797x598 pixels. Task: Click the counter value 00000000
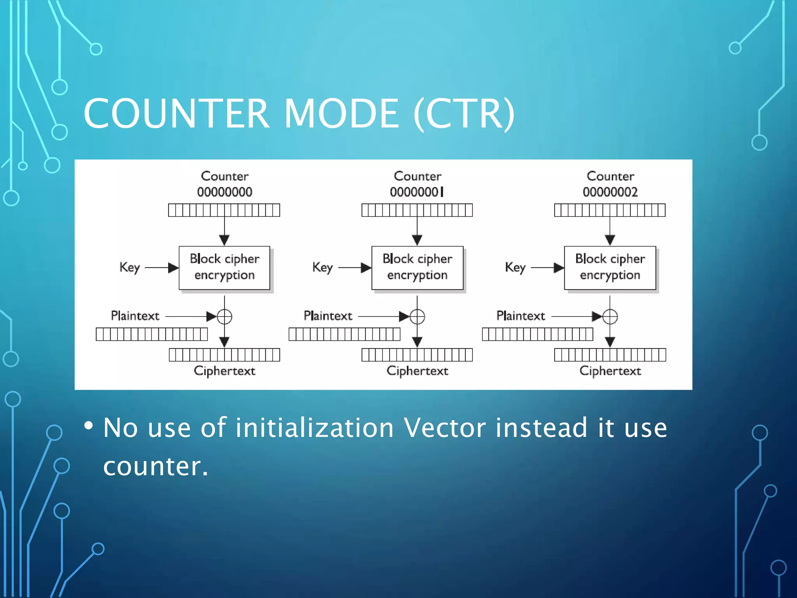point(225,192)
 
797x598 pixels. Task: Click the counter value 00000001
point(417,192)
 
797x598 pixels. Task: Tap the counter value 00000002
point(610,192)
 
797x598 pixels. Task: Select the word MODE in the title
point(342,113)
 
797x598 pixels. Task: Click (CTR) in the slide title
point(464,113)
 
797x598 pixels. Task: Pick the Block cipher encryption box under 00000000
point(225,267)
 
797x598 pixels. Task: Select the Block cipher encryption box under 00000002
point(610,267)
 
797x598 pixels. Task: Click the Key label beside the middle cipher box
point(323,267)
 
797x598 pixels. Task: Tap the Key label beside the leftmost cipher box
point(130,267)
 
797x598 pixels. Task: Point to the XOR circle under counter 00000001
point(417,317)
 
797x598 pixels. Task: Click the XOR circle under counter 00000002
point(610,317)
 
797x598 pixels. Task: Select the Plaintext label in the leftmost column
point(135,316)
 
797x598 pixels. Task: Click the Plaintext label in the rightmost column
point(521,316)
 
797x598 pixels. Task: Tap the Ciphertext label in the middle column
point(417,371)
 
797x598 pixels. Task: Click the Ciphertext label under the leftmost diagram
point(225,371)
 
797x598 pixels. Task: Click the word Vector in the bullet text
point(445,428)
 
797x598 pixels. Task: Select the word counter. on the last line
point(156,466)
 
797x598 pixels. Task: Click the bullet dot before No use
point(89,426)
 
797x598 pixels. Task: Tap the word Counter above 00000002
point(610,176)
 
